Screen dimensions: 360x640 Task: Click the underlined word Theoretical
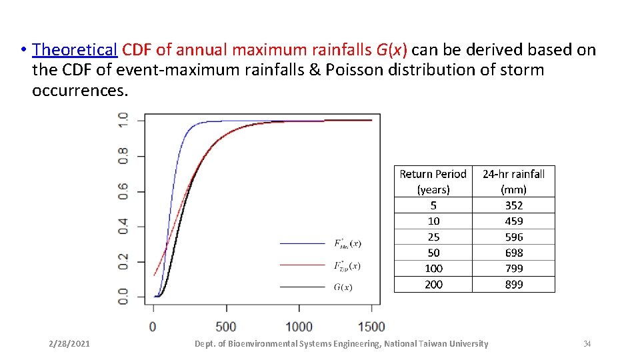click(x=75, y=50)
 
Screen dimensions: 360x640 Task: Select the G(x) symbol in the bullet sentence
click(x=393, y=50)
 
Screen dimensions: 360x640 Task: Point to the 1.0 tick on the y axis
click(x=123, y=121)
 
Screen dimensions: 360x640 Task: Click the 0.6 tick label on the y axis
click(x=123, y=192)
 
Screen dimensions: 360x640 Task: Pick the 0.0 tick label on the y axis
click(x=123, y=297)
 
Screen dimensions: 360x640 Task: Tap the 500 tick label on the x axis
click(x=226, y=327)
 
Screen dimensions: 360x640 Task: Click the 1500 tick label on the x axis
click(x=371, y=327)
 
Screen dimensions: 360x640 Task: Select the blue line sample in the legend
click(x=301, y=243)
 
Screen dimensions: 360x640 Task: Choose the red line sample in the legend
click(x=301, y=265)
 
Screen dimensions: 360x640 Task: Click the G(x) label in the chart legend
click(x=343, y=287)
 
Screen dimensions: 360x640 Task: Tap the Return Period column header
click(x=433, y=181)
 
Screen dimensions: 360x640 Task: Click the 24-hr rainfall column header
click(x=513, y=181)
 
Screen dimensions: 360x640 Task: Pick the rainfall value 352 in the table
click(x=513, y=205)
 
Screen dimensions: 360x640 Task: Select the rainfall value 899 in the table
click(x=513, y=284)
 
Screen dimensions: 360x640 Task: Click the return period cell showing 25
click(x=433, y=237)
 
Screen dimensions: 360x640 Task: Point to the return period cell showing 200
click(x=433, y=284)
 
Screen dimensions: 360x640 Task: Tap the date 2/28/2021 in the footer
click(x=69, y=344)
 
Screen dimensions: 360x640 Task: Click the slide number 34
click(x=587, y=344)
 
